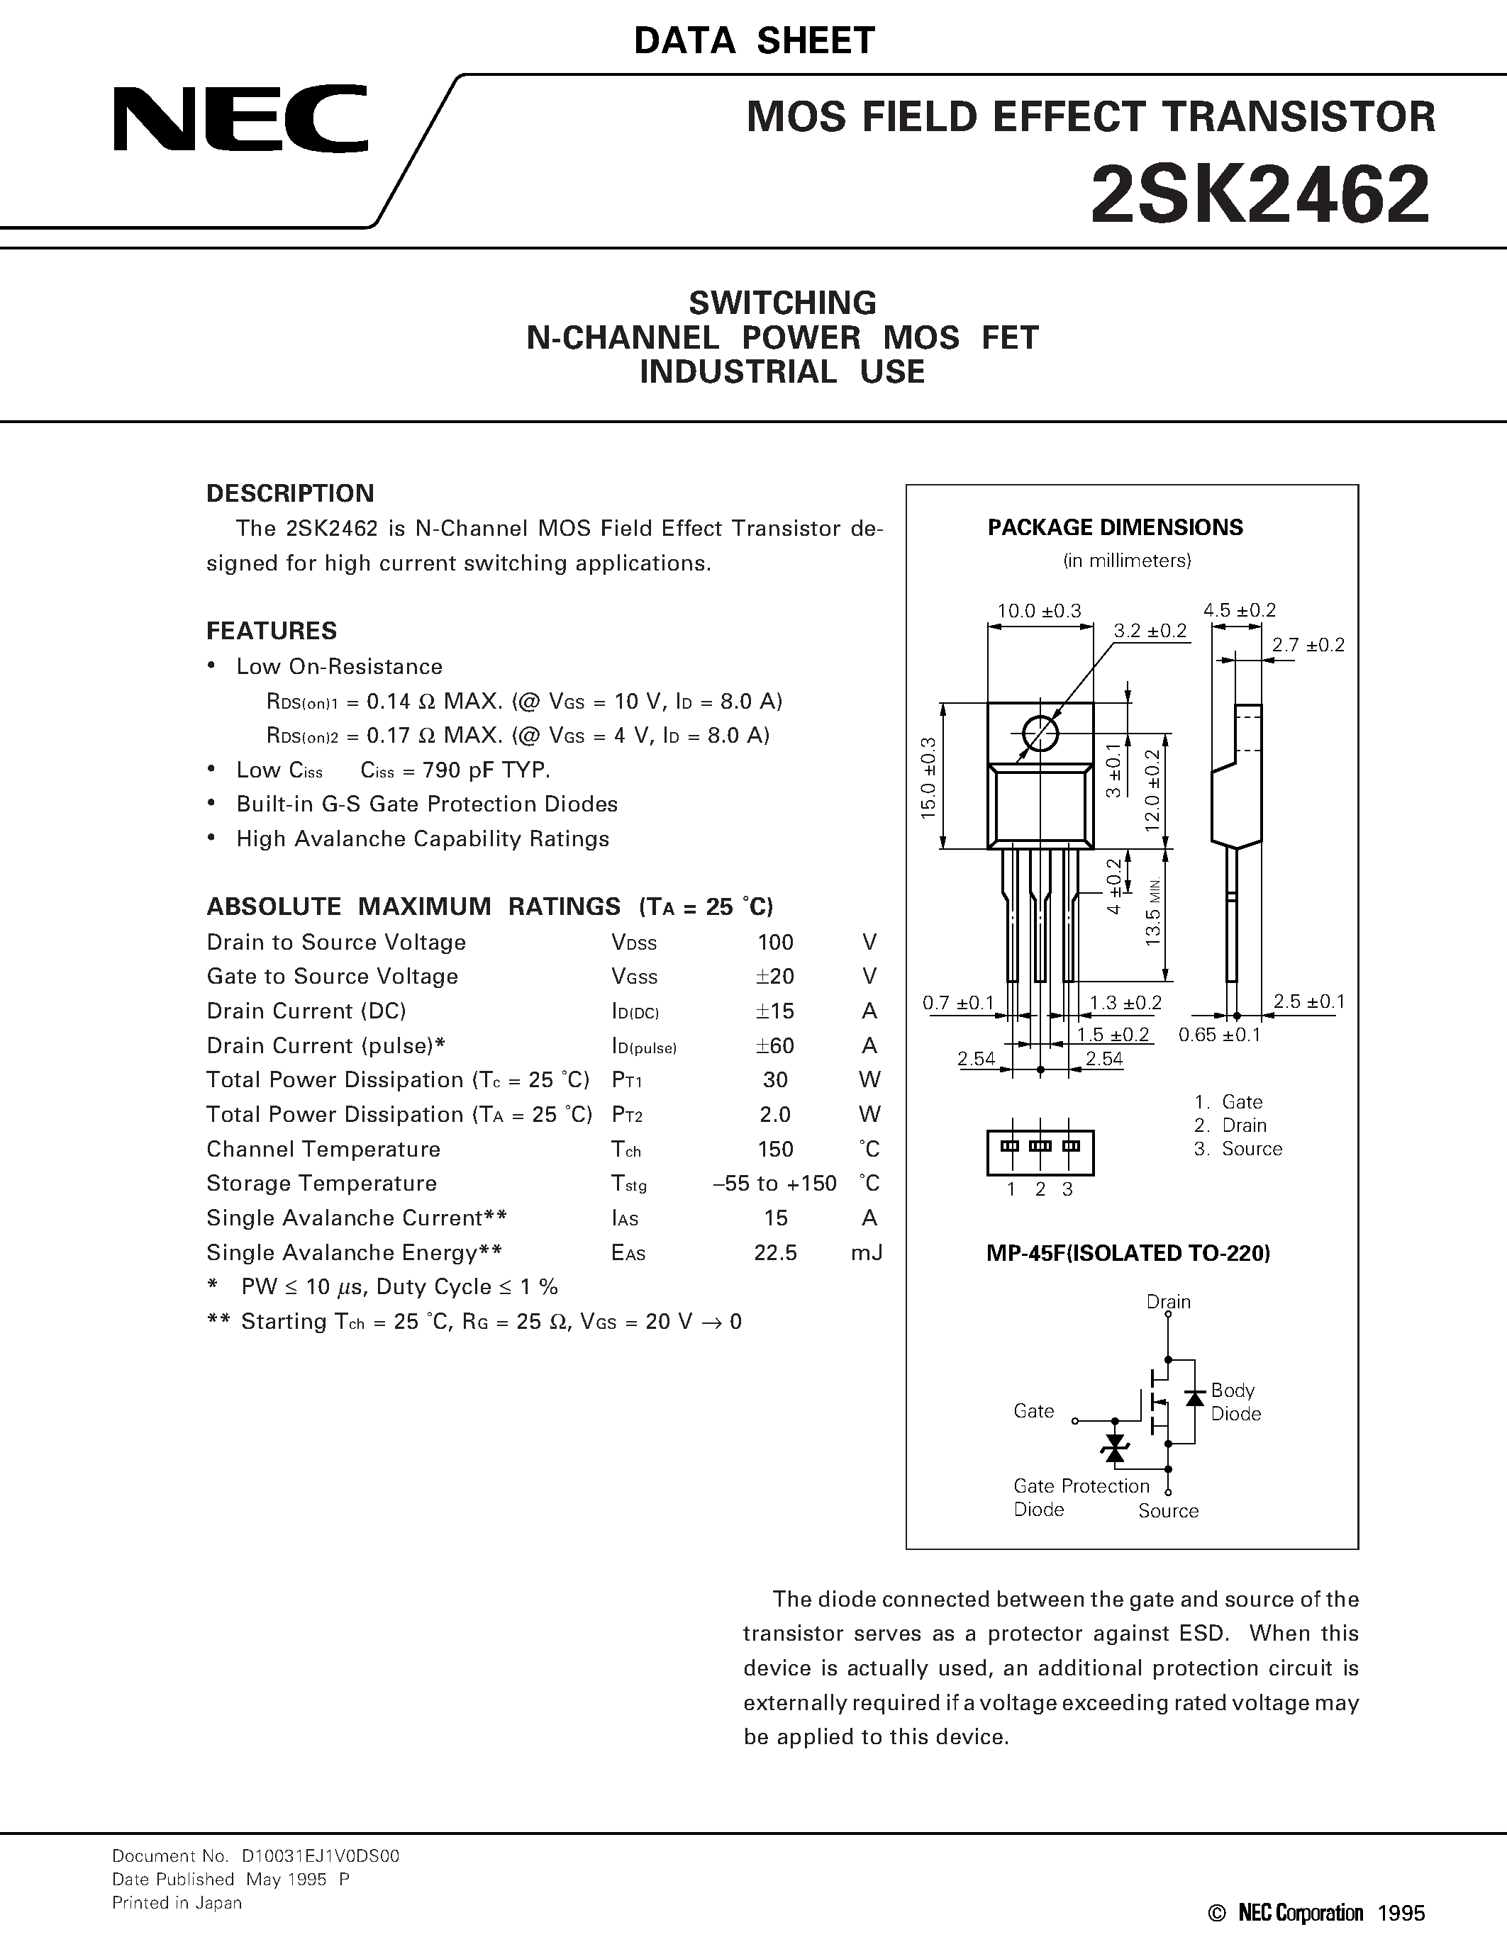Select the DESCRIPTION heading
coord(290,493)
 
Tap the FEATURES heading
coord(272,631)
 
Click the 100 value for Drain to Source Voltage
coord(775,943)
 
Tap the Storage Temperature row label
coord(321,1184)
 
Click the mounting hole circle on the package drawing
coord(1040,734)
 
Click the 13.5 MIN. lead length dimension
coord(1152,912)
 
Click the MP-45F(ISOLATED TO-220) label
coord(1128,1253)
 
